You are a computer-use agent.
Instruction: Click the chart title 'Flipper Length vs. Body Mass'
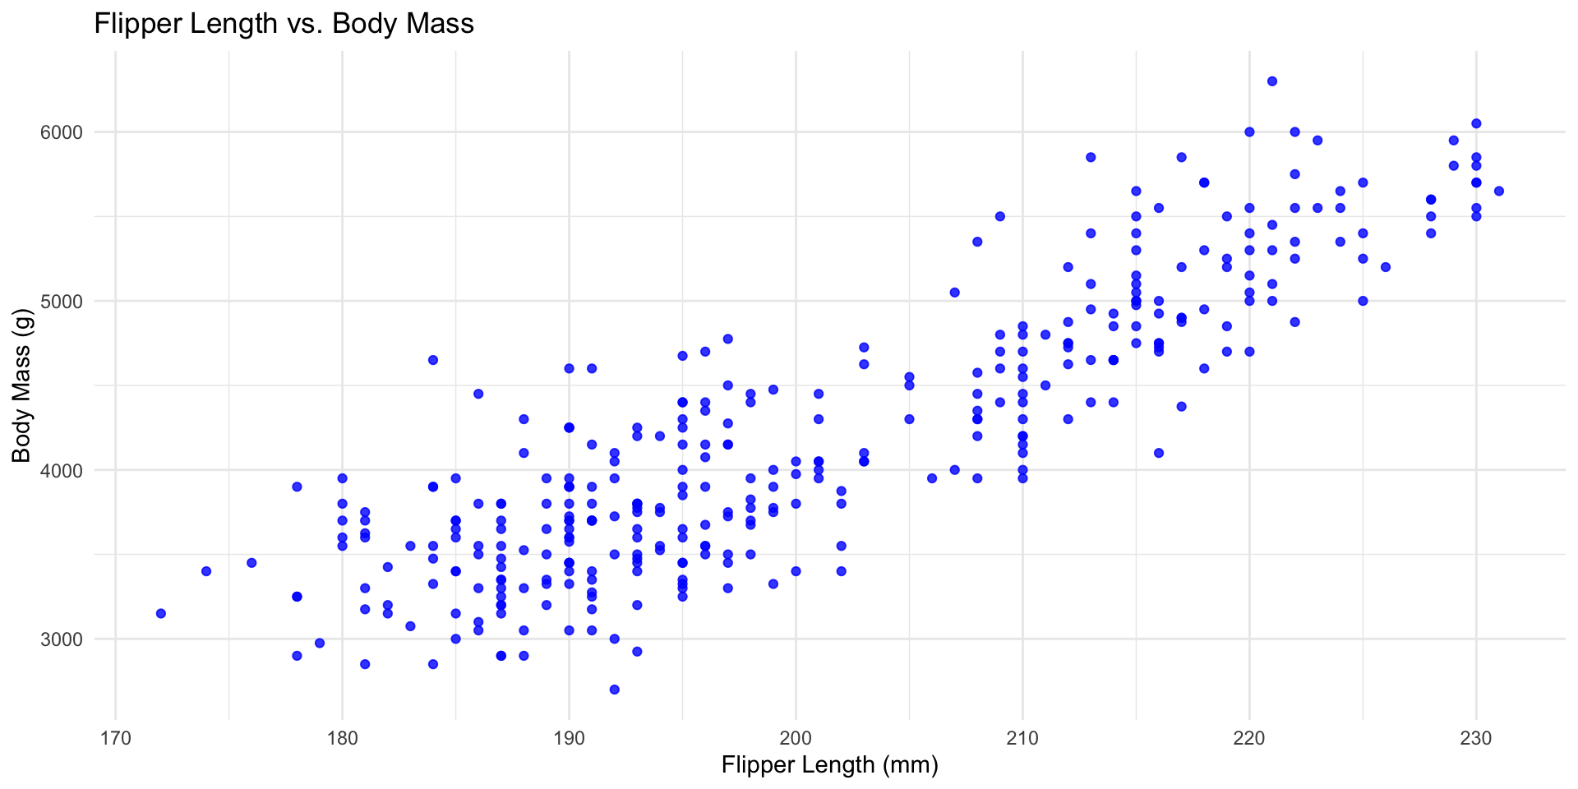(x=284, y=23)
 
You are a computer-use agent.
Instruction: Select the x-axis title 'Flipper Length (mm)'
(x=829, y=765)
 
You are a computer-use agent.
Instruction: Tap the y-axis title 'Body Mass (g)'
(x=21, y=385)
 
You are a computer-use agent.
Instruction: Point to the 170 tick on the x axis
(x=115, y=737)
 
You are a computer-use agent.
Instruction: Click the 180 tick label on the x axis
(x=342, y=737)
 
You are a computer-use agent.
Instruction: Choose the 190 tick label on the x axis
(x=569, y=737)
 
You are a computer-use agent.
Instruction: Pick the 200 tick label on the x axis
(x=796, y=737)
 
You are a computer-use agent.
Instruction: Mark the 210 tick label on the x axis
(x=1022, y=737)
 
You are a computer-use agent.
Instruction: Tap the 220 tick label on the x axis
(x=1249, y=737)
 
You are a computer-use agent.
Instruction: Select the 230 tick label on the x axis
(x=1476, y=737)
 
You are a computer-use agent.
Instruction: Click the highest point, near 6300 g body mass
(x=1272, y=81)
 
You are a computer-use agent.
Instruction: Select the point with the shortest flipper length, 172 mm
(x=161, y=613)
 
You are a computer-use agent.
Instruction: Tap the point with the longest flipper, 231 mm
(x=1498, y=191)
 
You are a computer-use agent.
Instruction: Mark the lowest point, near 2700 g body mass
(x=614, y=689)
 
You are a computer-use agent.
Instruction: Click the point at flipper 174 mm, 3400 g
(x=206, y=571)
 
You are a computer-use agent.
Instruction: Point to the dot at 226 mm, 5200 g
(x=1386, y=267)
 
